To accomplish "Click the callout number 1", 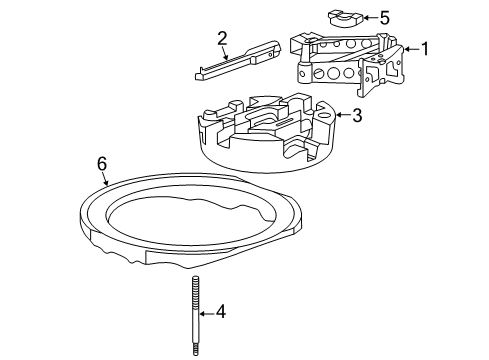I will (x=425, y=48).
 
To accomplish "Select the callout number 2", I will (x=223, y=39).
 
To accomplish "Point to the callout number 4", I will (x=221, y=312).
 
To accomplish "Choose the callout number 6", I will (x=101, y=162).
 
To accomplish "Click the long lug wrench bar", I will (x=241, y=63).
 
